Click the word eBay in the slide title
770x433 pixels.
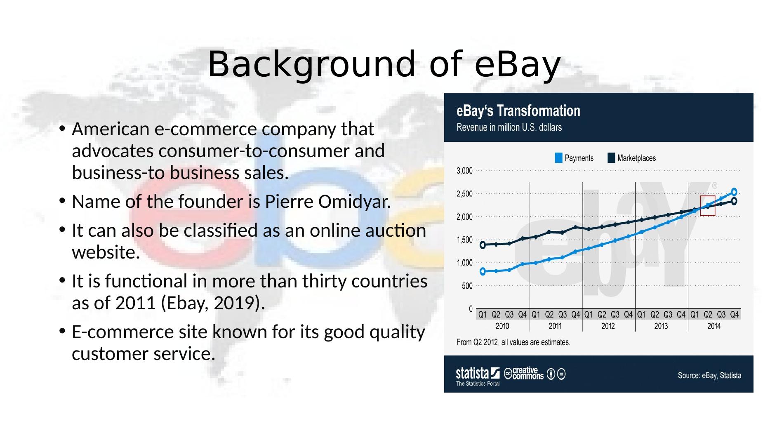[x=517, y=65]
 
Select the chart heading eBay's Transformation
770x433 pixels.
[x=518, y=111]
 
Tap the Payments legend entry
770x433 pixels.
[x=574, y=158]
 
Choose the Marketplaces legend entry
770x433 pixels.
[x=631, y=158]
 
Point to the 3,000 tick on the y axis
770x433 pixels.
[x=464, y=170]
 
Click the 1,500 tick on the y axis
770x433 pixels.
[x=464, y=240]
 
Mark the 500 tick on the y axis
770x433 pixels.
[x=467, y=286]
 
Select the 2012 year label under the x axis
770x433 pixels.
[x=608, y=326]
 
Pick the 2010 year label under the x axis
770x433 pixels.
[x=502, y=326]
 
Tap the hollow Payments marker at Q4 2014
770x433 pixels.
[x=734, y=192]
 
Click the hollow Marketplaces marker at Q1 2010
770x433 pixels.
[x=483, y=245]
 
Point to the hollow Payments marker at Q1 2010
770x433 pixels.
[x=483, y=271]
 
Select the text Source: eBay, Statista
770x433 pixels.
[x=709, y=376]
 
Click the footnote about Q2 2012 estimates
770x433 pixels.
[x=513, y=342]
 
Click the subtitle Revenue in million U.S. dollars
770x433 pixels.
[x=509, y=127]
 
